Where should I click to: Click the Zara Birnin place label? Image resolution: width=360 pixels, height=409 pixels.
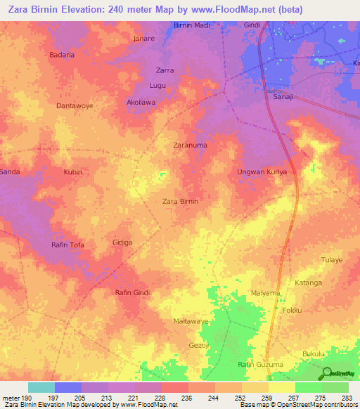(181, 201)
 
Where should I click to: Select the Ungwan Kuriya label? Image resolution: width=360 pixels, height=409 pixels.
(262, 171)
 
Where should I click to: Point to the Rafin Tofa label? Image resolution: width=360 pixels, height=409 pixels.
(68, 245)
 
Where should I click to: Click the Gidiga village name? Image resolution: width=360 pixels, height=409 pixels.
(123, 242)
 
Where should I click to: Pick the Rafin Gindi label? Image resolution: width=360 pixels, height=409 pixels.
(133, 292)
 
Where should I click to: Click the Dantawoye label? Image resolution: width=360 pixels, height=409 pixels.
(74, 105)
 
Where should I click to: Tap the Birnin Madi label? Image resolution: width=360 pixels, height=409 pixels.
(192, 25)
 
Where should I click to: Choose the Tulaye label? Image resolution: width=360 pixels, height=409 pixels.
(332, 259)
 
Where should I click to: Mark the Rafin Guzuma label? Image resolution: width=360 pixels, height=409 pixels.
(260, 365)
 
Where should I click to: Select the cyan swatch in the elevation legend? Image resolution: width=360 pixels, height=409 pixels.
(41, 387)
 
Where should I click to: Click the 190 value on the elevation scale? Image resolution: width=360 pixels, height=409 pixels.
(27, 398)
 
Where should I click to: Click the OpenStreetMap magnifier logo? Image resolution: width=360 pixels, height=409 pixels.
(326, 373)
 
